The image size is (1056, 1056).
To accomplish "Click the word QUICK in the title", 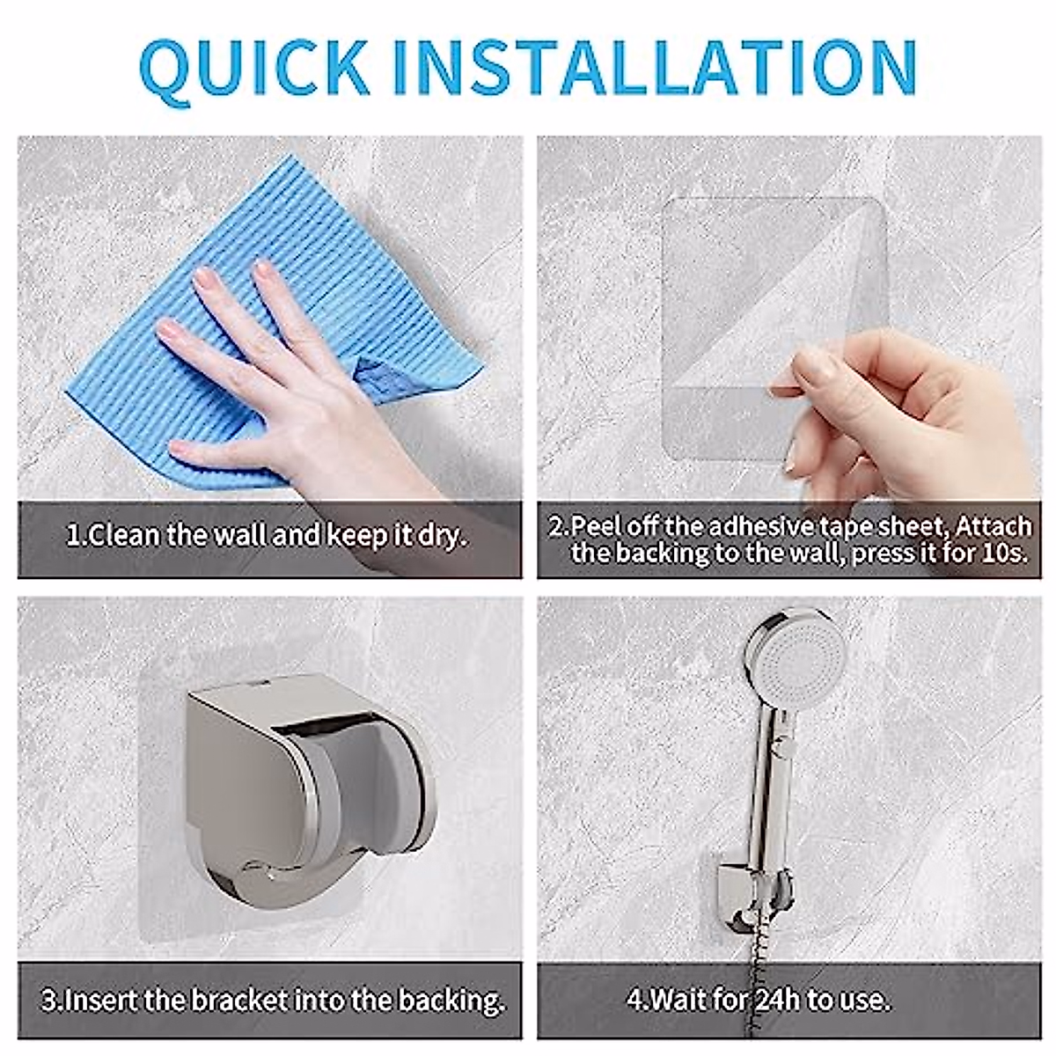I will (x=253, y=67).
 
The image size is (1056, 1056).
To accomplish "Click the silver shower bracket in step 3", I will (x=299, y=792).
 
